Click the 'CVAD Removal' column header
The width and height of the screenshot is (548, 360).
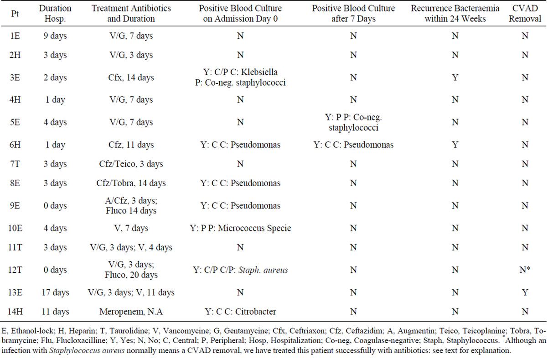pyautogui.click(x=525, y=14)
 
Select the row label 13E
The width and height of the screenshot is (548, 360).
pyautogui.click(x=14, y=292)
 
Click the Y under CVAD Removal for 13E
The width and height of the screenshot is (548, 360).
pyautogui.click(x=525, y=292)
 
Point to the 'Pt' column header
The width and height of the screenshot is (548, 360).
pyautogui.click(x=14, y=14)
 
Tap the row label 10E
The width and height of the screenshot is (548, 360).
pyautogui.click(x=14, y=228)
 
